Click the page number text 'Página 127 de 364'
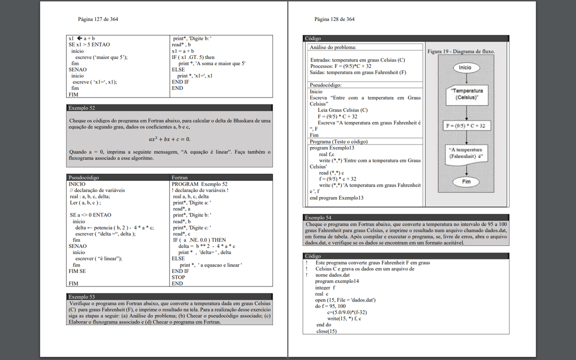pyautogui.click(x=98, y=19)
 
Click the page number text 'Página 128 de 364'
pyautogui.click(x=334, y=19)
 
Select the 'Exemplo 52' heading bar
pyautogui.click(x=169, y=107)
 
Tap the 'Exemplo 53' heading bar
pyautogui.click(x=169, y=296)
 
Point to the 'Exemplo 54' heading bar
pyautogui.click(x=406, y=217)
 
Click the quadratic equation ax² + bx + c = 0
pyautogui.click(x=169, y=139)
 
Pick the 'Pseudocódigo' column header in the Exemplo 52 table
pyautogui.click(x=84, y=177)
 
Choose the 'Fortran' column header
pyautogui.click(x=180, y=177)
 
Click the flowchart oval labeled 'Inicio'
pyautogui.click(x=465, y=67)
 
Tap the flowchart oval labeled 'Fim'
pyautogui.click(x=466, y=181)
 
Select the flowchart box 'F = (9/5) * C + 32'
pyautogui.click(x=465, y=125)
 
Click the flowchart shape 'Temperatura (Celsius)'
pyautogui.click(x=466, y=94)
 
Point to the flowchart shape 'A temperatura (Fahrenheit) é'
pyautogui.click(x=465, y=153)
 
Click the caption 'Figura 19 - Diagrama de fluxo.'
pyautogui.click(x=461, y=51)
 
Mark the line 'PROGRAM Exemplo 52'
pyautogui.click(x=199, y=184)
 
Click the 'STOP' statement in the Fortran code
pyautogui.click(x=178, y=277)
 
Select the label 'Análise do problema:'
pyautogui.click(x=333, y=47)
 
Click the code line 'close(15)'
pyautogui.click(x=326, y=331)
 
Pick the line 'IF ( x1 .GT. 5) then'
pyautogui.click(x=193, y=57)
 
